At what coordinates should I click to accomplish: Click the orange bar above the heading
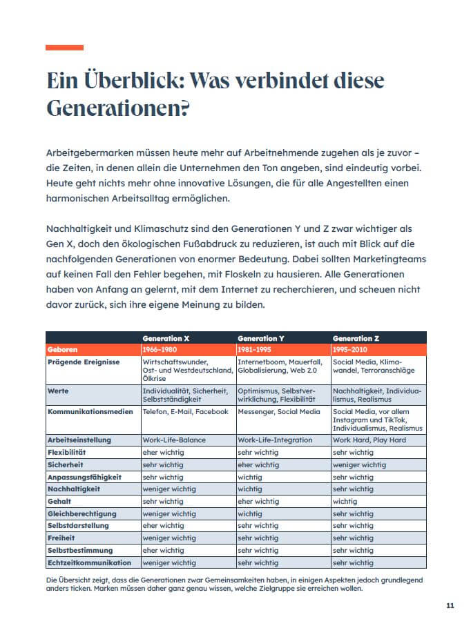(x=64, y=48)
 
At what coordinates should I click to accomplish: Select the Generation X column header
(x=166, y=339)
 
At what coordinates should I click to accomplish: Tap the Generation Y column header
(x=261, y=339)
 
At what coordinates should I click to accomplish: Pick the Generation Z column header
(x=356, y=339)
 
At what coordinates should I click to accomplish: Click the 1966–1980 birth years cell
(x=160, y=350)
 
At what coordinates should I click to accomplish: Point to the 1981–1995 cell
(x=255, y=350)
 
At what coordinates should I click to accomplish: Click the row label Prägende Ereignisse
(x=83, y=361)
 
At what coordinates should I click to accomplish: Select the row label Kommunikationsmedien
(x=89, y=411)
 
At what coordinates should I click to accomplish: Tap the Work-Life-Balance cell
(x=174, y=440)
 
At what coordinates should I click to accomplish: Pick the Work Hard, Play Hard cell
(x=369, y=440)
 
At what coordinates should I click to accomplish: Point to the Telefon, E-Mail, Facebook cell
(x=185, y=411)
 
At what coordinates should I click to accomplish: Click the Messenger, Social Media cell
(x=279, y=411)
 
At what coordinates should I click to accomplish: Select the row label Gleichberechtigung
(x=81, y=513)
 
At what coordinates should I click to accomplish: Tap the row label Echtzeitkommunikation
(x=89, y=563)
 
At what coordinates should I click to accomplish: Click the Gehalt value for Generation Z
(x=345, y=502)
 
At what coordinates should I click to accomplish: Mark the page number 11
(x=450, y=606)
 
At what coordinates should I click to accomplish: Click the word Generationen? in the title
(x=118, y=109)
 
